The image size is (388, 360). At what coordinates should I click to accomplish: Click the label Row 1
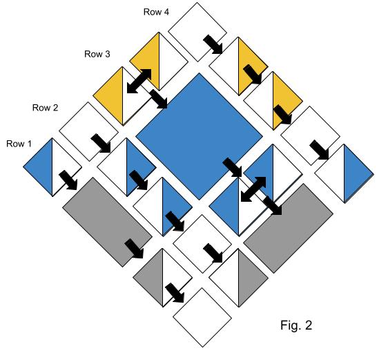[x=19, y=144]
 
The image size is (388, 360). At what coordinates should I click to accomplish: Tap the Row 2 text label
[x=46, y=108]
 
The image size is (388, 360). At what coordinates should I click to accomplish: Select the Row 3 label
[x=97, y=54]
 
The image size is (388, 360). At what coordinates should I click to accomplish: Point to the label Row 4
[x=156, y=12]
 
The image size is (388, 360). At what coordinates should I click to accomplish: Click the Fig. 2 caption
[x=296, y=325]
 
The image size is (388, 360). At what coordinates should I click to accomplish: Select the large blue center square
[x=200, y=136]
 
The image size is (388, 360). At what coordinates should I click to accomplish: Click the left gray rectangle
[x=107, y=222]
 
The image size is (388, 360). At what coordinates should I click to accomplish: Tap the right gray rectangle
[x=289, y=228]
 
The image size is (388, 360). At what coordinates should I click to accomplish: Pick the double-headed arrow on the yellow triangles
[x=139, y=82]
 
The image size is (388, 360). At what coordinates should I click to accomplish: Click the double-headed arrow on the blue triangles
[x=253, y=189]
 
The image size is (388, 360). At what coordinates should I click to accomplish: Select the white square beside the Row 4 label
[x=197, y=32]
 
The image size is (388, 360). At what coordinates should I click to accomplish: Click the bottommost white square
[x=202, y=317]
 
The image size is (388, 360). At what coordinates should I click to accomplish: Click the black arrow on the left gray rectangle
[x=134, y=249]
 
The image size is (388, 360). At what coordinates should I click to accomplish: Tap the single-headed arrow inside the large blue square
[x=232, y=168]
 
